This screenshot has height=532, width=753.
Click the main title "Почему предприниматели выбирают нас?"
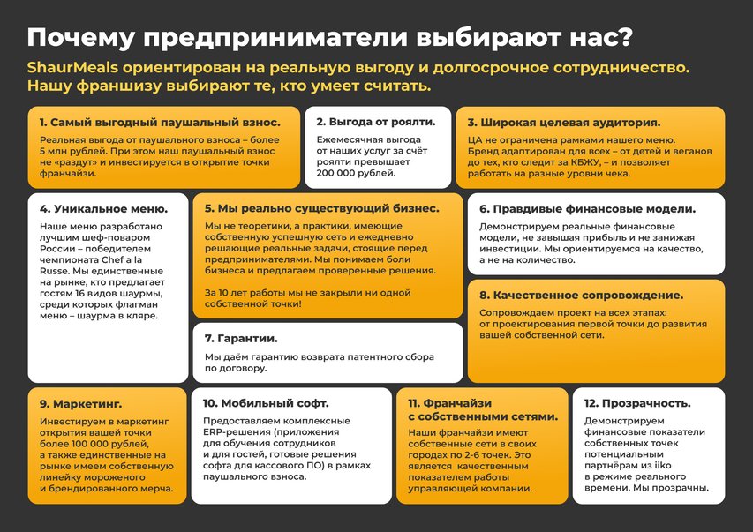(329, 37)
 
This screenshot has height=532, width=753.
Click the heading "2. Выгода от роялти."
(375, 122)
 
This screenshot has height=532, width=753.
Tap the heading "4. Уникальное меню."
(103, 209)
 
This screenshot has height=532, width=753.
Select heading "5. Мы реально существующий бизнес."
(321, 209)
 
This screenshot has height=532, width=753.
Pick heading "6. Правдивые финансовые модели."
(587, 209)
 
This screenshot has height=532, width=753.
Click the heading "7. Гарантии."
(241, 338)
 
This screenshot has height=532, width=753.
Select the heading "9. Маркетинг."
(80, 403)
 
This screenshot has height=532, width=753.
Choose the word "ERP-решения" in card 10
(236, 432)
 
